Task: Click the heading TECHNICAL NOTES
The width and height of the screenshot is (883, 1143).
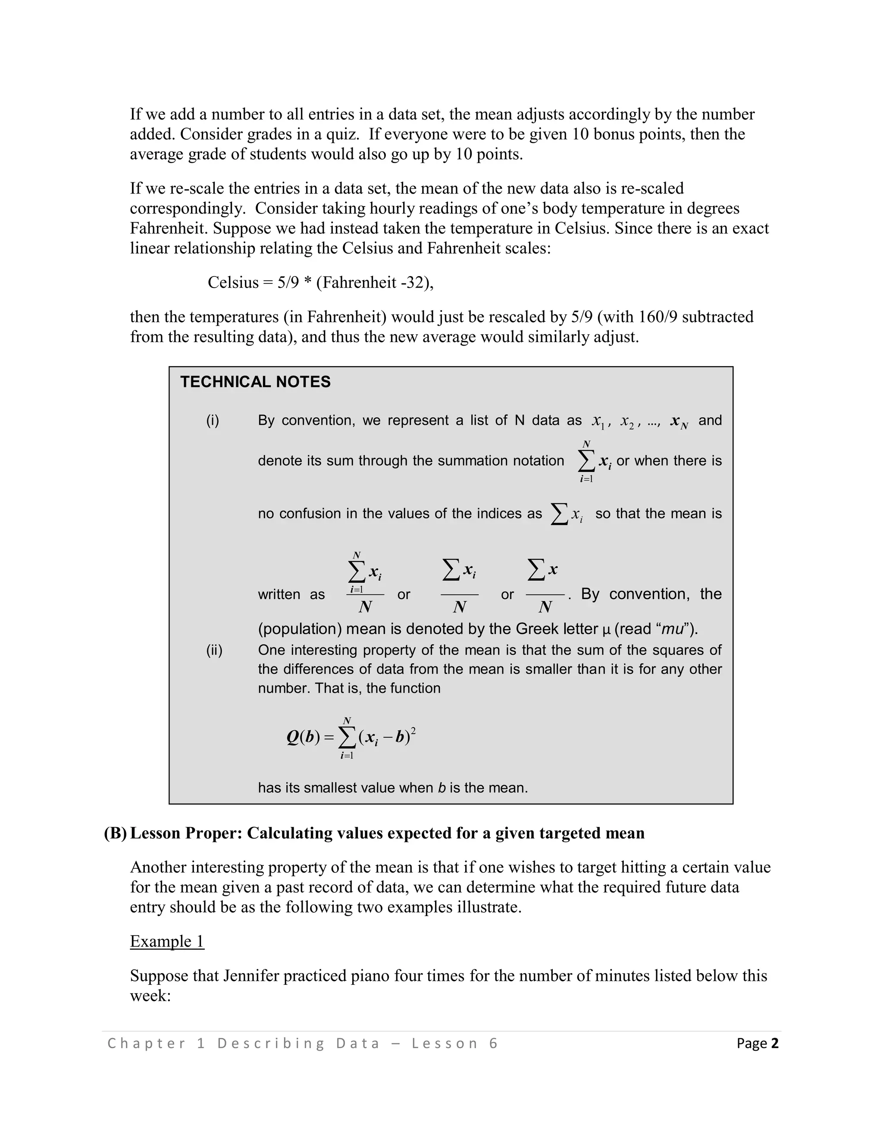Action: (255, 382)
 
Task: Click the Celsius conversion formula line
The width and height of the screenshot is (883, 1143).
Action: (320, 283)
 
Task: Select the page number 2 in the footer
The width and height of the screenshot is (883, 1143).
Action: (775, 1043)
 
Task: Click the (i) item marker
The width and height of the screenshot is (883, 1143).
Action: (213, 420)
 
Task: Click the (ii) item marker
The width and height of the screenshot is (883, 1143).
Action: (214, 650)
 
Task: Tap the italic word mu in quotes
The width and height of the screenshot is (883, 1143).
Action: (673, 629)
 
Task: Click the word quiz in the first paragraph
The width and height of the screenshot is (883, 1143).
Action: (342, 134)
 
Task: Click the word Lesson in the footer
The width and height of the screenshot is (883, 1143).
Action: (445, 1043)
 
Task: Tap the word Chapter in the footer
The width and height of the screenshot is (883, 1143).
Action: (147, 1043)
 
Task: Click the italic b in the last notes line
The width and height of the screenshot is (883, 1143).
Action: (441, 788)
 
